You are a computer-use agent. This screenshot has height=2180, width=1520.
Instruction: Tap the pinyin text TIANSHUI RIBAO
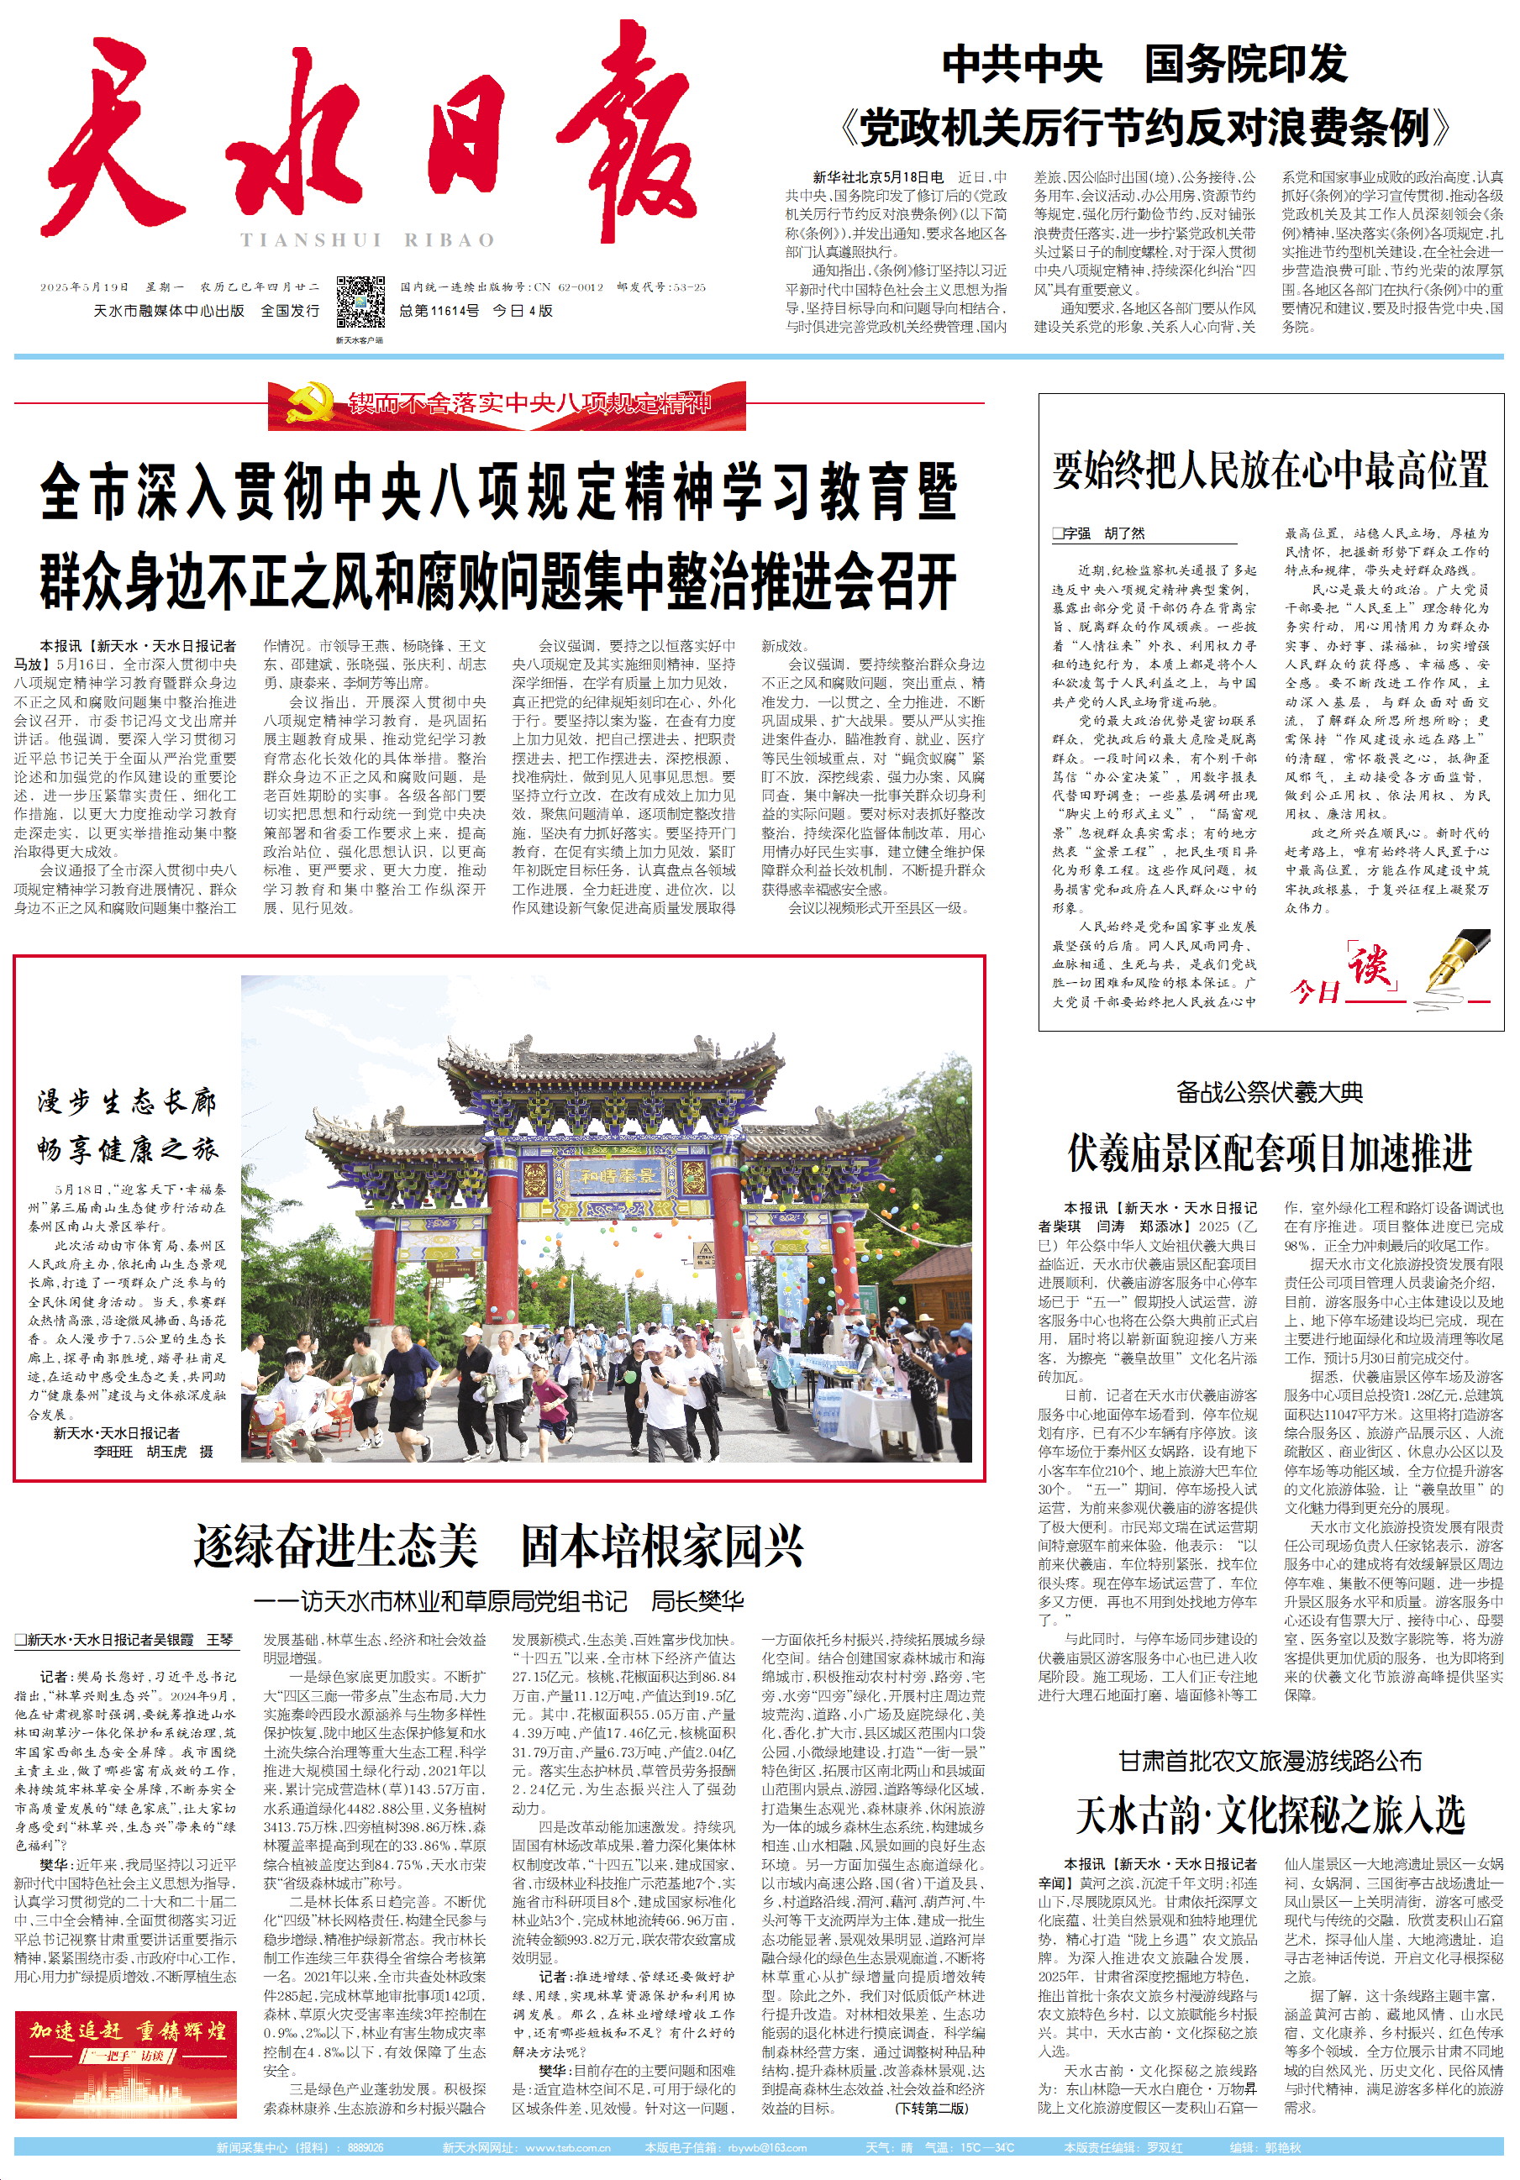point(367,240)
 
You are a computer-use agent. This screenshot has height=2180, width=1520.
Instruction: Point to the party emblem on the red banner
point(305,403)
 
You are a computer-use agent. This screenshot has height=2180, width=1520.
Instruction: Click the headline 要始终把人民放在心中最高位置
point(1270,470)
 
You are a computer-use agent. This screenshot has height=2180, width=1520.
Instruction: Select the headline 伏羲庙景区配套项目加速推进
point(1270,1153)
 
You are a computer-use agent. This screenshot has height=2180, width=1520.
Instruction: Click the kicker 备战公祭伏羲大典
point(1270,1093)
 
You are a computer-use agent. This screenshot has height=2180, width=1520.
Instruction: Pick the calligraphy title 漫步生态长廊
point(126,1102)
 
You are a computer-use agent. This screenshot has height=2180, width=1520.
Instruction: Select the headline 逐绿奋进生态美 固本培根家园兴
point(499,1546)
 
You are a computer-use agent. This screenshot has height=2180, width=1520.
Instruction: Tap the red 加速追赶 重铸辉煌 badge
point(126,2043)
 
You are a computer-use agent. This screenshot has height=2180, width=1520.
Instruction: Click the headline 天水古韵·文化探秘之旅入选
point(1270,1815)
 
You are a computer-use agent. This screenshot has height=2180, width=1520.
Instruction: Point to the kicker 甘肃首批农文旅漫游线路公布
point(1270,1762)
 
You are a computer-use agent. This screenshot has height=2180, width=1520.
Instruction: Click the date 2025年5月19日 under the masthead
point(85,286)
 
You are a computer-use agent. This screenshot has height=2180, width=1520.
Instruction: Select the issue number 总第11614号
point(439,311)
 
